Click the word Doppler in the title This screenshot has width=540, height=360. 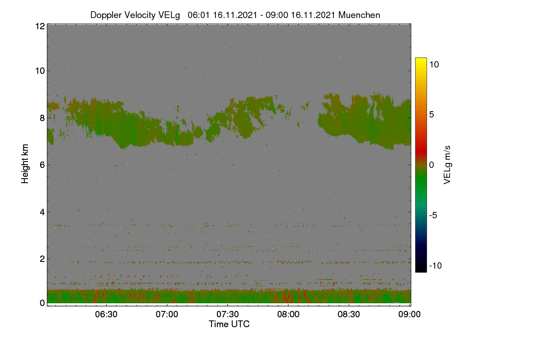106,15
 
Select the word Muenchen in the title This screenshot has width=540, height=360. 359,15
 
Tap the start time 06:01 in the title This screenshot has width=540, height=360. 199,15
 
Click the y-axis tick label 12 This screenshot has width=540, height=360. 40,26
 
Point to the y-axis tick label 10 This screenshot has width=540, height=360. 40,71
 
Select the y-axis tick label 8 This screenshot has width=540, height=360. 42,118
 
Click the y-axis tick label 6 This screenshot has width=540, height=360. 42,165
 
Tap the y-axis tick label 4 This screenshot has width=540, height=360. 42,212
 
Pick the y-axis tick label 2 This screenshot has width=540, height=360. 42,259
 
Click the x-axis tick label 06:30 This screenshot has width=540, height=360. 106,314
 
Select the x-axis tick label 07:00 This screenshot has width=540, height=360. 167,314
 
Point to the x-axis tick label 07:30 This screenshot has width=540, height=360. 228,314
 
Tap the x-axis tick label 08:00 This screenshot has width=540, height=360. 288,314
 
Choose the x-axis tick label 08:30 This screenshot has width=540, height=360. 349,314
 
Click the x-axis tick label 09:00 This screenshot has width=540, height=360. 409,314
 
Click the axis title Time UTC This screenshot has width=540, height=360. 229,324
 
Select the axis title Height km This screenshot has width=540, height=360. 25,164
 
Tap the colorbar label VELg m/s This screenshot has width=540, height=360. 447,165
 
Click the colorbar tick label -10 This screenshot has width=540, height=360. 436,265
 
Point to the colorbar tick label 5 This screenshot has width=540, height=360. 432,115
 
